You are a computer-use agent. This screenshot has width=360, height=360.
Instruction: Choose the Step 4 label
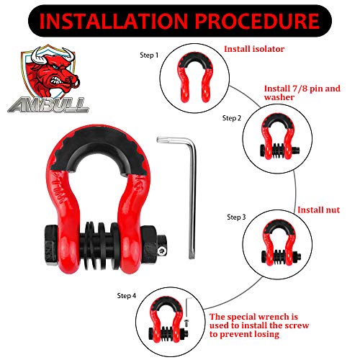(129, 295)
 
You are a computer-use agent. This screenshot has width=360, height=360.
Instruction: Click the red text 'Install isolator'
(256, 49)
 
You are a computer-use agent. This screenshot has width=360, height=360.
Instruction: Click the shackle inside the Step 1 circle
(190, 75)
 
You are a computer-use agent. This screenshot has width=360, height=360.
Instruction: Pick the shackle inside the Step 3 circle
(276, 244)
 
